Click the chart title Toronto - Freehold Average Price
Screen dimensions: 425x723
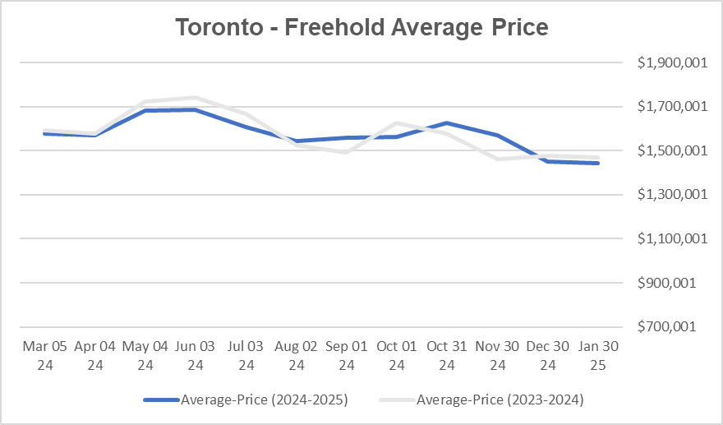pyautogui.click(x=361, y=28)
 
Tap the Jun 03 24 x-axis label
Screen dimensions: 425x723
pyautogui.click(x=195, y=354)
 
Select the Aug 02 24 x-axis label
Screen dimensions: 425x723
pyautogui.click(x=296, y=354)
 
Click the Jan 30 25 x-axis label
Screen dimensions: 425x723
pyautogui.click(x=598, y=354)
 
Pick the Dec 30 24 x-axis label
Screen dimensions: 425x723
pyautogui.click(x=547, y=354)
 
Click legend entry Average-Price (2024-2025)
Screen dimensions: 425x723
pyautogui.click(x=246, y=400)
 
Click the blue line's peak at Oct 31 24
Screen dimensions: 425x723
pyautogui.click(x=446, y=123)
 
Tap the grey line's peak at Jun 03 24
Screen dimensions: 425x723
pyautogui.click(x=195, y=98)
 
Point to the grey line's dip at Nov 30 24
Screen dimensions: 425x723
pyautogui.click(x=497, y=159)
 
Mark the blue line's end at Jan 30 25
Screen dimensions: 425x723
pyautogui.click(x=598, y=164)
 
